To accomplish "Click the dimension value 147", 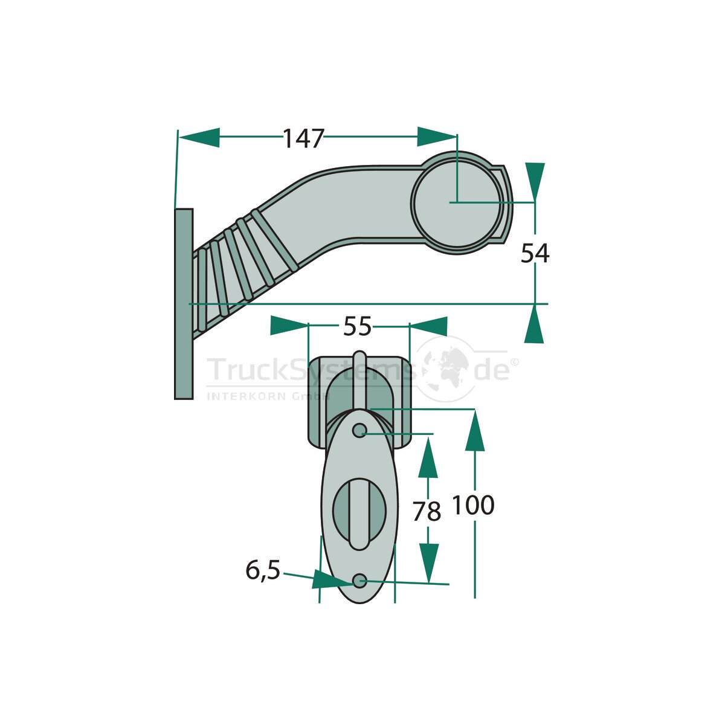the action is coord(303,138).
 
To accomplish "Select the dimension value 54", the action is coord(535,253).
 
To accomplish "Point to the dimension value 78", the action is coord(427,512).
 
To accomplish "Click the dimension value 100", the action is coord(473,505).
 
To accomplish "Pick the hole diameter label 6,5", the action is coord(263,571).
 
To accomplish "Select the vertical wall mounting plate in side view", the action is coord(184,304).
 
